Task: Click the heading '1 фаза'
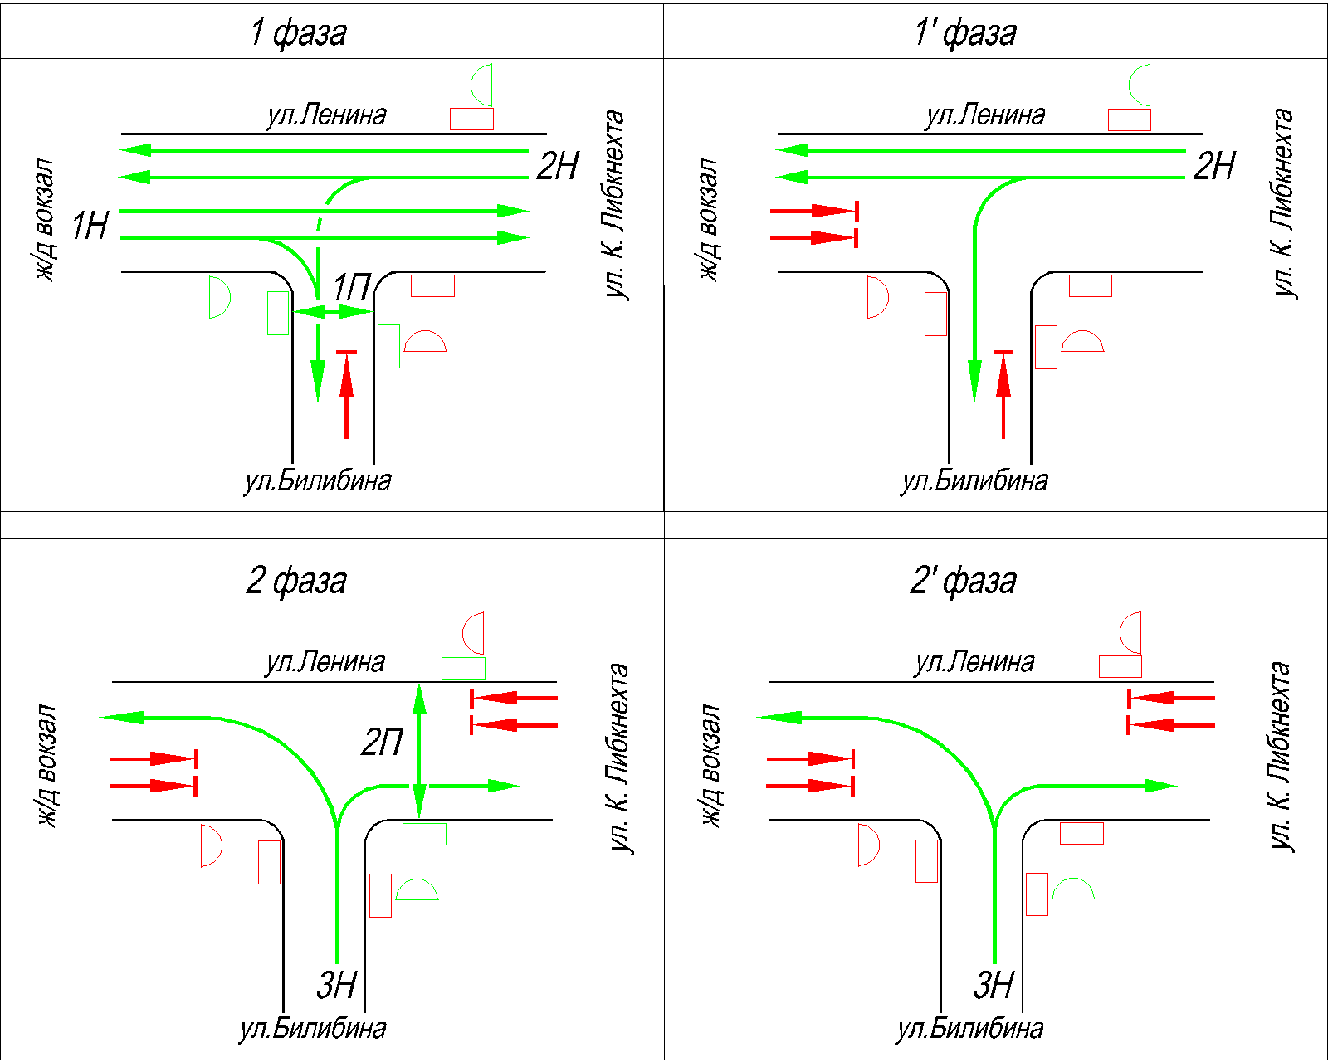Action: (x=299, y=32)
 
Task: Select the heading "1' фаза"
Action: (x=964, y=32)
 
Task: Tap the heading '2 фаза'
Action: (x=296, y=580)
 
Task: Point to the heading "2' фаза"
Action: (x=963, y=580)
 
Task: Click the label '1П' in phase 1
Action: (x=351, y=288)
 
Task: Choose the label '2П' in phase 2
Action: (x=382, y=741)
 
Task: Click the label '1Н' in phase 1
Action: (x=90, y=225)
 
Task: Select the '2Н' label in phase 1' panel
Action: (x=1214, y=165)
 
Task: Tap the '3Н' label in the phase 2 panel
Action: (x=336, y=985)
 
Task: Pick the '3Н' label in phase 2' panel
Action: (x=994, y=985)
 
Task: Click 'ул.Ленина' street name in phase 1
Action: (x=326, y=114)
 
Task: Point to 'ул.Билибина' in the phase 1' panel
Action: (x=974, y=480)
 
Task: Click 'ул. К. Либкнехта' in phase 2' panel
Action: (x=1281, y=755)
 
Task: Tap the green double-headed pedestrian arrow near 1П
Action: (x=332, y=312)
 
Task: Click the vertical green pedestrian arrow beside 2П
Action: (x=419, y=751)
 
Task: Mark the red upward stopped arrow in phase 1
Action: (x=346, y=394)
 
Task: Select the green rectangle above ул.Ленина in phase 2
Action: (x=463, y=668)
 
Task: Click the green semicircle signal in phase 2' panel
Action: (x=1074, y=890)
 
